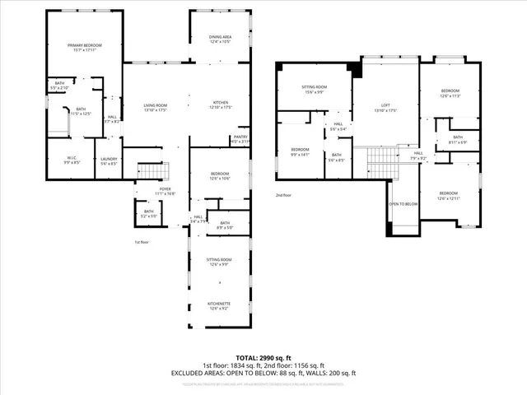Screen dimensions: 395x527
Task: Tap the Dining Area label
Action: (219, 38)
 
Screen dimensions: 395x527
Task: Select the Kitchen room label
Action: (222, 104)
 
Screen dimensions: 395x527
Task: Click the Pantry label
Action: (240, 139)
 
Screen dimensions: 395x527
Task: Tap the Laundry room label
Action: (109, 161)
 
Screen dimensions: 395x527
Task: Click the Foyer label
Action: (166, 190)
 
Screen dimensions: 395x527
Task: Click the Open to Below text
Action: (403, 203)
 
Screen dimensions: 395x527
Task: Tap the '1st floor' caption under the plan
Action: (142, 242)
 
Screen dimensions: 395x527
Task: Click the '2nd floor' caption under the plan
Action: (284, 195)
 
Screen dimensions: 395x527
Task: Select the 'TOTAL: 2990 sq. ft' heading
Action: (263, 357)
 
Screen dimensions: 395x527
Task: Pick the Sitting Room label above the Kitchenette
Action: (219, 262)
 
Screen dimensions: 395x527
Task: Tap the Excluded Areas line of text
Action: (263, 373)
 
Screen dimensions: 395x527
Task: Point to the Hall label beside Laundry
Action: (113, 119)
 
